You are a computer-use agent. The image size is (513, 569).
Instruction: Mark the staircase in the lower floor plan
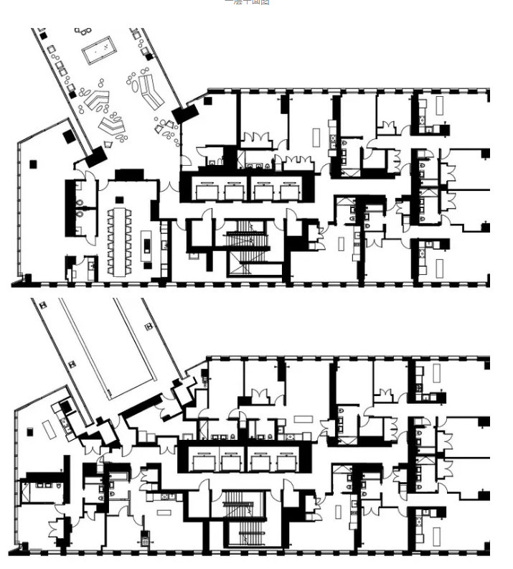click(x=245, y=518)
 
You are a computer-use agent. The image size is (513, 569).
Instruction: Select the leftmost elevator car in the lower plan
click(x=204, y=462)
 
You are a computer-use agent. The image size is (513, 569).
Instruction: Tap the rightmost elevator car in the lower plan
click(x=288, y=462)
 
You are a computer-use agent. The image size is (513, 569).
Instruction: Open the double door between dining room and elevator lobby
click(x=169, y=189)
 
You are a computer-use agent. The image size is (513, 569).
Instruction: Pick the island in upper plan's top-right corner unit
click(x=440, y=105)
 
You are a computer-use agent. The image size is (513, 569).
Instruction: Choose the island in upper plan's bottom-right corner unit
click(x=439, y=267)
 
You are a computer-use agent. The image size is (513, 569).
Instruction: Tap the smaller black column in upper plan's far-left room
click(x=32, y=164)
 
